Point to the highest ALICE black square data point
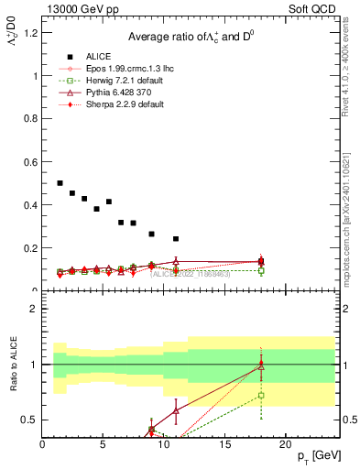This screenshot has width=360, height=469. pos(60,183)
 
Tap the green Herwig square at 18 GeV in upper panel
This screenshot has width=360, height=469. pos(261,270)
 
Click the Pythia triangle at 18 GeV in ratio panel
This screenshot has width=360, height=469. pos(261,365)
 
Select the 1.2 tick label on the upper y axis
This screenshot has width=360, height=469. pos(31,33)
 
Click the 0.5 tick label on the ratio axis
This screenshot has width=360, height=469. pos(31,420)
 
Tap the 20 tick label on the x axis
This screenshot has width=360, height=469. pos(285,444)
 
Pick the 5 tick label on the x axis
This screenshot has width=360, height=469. pos(103,444)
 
